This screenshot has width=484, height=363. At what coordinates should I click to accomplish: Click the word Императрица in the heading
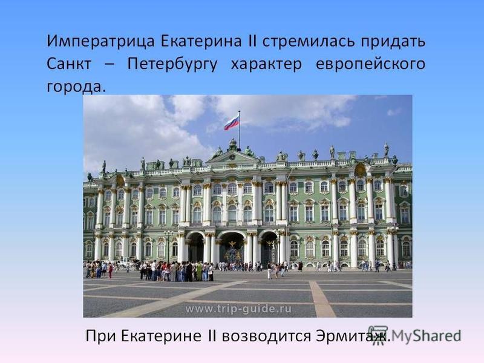point(100,41)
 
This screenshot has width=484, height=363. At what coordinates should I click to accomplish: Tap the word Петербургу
point(172,65)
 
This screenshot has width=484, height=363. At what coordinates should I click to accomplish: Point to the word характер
point(266,65)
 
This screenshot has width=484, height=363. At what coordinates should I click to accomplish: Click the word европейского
point(370,65)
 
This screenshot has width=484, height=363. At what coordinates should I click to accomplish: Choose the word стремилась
point(309,41)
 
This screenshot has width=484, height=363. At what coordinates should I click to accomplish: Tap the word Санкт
point(69,64)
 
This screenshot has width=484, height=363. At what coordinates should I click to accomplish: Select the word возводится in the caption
point(266,336)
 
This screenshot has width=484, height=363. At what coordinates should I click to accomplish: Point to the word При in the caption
point(101,336)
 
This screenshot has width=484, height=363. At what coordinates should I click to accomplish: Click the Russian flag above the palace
point(232,123)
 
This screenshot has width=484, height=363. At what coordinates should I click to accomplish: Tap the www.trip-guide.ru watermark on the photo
point(238,309)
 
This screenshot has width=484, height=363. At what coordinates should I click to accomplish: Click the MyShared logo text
point(427,336)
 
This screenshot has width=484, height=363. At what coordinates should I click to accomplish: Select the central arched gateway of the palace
point(232,247)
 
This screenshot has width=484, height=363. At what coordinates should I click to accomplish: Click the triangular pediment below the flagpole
point(233,157)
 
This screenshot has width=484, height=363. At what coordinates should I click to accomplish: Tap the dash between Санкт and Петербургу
point(110,65)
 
